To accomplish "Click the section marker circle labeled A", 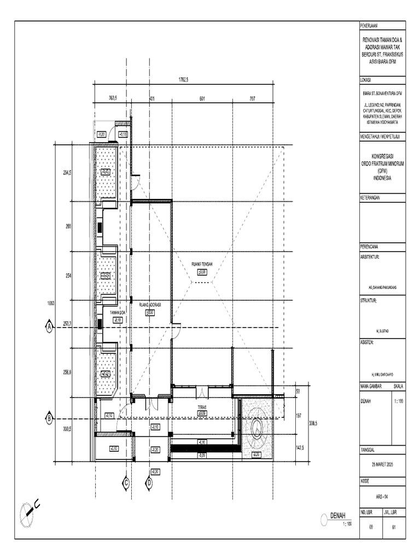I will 48,327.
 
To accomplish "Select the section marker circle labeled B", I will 48,418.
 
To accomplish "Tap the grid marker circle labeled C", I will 126,482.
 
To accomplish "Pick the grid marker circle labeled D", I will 149,482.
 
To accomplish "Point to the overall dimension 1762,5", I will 183,80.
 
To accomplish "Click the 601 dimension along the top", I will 202,98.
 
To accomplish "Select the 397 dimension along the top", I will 253,98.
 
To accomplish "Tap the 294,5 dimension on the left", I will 68,172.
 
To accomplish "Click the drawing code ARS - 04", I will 382,497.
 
